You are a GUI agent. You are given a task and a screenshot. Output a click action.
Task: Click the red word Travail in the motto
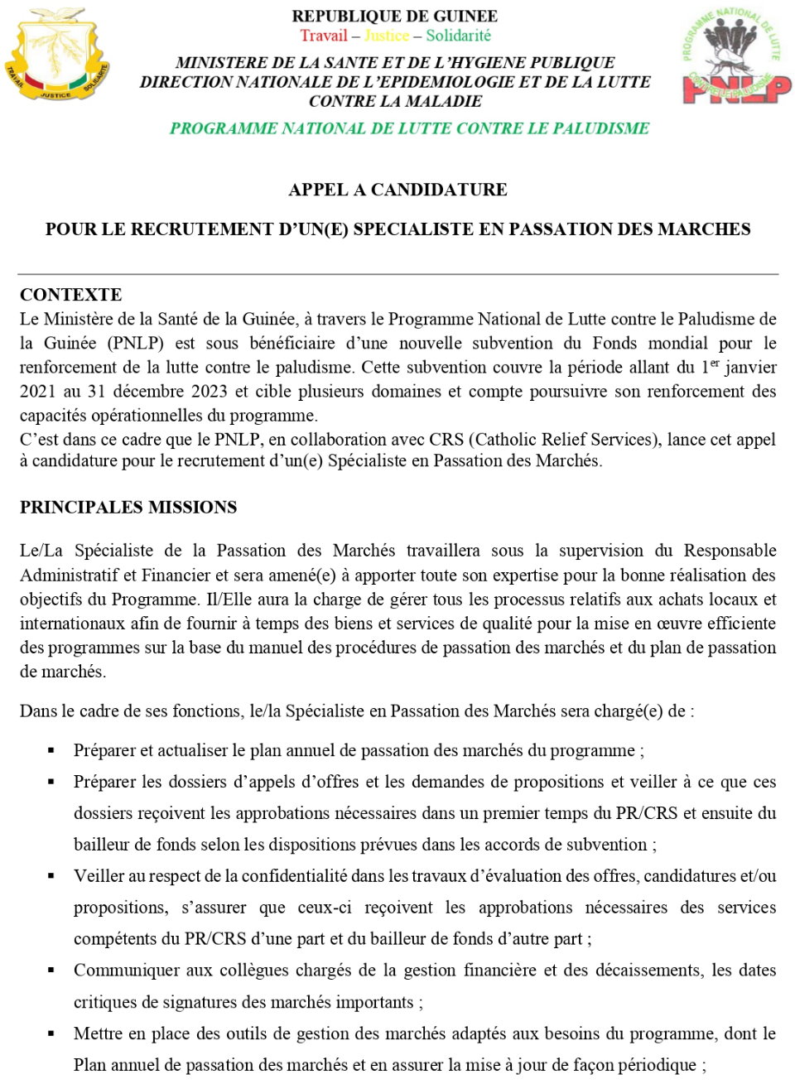tap(324, 36)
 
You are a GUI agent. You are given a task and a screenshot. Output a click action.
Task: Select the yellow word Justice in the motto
tap(387, 36)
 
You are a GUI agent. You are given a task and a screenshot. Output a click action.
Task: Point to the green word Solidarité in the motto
tap(458, 36)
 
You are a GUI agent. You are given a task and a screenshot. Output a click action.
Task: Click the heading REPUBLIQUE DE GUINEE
tap(395, 17)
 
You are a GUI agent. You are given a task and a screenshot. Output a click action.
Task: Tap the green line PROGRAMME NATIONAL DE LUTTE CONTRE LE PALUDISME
tap(409, 128)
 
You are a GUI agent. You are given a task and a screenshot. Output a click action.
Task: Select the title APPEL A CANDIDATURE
tap(397, 190)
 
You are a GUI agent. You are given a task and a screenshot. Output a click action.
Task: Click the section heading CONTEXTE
tap(70, 295)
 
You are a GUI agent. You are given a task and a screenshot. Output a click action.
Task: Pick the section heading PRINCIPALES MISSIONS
tap(128, 508)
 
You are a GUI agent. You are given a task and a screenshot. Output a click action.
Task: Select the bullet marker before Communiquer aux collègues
tap(51, 971)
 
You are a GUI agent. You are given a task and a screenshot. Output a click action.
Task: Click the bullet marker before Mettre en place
tap(51, 1033)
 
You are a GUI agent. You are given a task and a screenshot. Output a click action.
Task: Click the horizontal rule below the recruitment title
tap(397, 274)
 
